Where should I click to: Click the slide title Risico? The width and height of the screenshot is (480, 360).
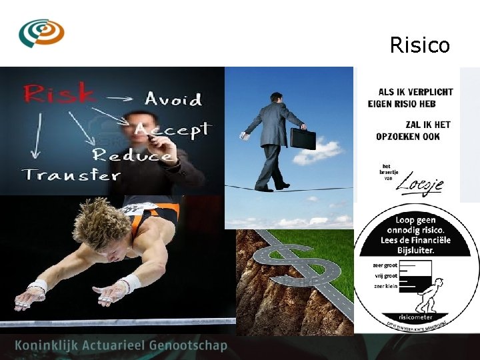click(419, 45)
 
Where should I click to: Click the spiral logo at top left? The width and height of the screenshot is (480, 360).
click(41, 32)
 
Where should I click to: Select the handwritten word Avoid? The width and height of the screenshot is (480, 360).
click(173, 99)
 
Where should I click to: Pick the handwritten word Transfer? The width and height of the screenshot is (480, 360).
click(71, 175)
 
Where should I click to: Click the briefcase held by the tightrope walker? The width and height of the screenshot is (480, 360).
click(303, 137)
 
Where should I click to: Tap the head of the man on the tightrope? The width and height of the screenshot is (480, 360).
click(277, 99)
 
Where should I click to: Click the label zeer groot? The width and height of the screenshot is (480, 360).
click(385, 265)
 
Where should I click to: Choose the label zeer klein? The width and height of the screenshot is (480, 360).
click(385, 287)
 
